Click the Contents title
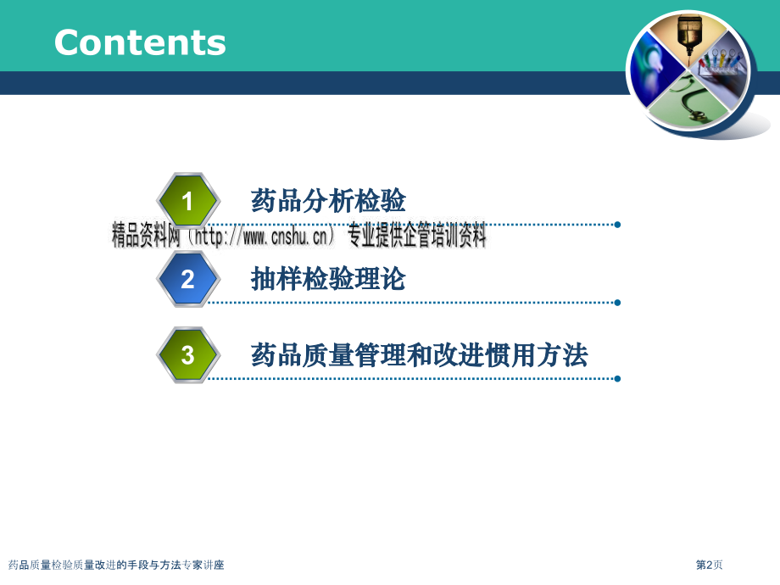pyautogui.click(x=140, y=42)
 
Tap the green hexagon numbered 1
pyautogui.click(x=187, y=200)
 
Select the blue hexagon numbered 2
pyautogui.click(x=187, y=279)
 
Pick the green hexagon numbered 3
pyautogui.click(x=187, y=354)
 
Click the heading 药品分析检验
pyautogui.click(x=328, y=200)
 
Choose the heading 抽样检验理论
pyautogui.click(x=328, y=279)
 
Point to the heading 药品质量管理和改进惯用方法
pyautogui.click(x=419, y=354)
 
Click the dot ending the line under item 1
pyautogui.click(x=617, y=225)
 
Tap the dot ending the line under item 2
pyautogui.click(x=617, y=303)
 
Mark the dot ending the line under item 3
pyautogui.click(x=617, y=379)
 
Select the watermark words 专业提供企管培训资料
pyautogui.click(x=416, y=236)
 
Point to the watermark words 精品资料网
pyautogui.click(x=146, y=236)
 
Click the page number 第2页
pyautogui.click(x=709, y=565)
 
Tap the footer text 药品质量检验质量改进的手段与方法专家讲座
pyautogui.click(x=116, y=565)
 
